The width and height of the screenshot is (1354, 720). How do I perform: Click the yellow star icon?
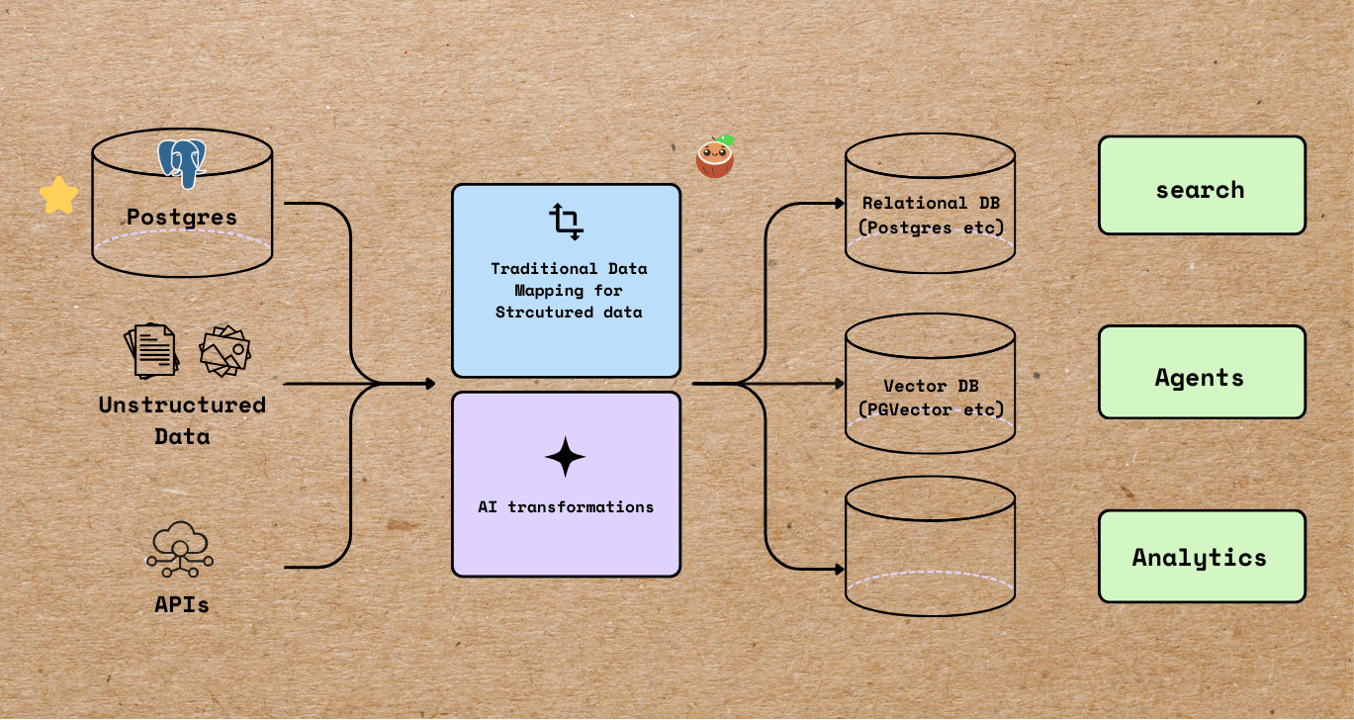[x=58, y=196]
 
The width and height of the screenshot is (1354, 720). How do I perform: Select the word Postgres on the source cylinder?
[x=182, y=217]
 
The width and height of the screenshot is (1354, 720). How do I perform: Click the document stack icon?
[x=151, y=351]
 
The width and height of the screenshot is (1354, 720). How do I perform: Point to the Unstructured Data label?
[x=182, y=420]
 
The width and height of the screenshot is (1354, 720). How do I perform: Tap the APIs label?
[x=182, y=603]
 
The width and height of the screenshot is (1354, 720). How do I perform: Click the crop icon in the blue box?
[x=566, y=223]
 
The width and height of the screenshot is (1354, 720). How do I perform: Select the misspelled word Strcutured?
[x=534, y=313]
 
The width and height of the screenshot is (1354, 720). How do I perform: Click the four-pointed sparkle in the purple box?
[x=565, y=457]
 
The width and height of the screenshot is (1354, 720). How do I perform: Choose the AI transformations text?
[x=566, y=506]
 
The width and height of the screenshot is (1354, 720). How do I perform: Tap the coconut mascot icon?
[x=714, y=157]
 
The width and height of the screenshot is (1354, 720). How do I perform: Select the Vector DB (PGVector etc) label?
[x=930, y=398]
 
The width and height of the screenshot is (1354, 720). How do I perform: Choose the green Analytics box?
[x=1202, y=557]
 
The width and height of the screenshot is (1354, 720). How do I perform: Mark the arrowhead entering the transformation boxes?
[x=429, y=383]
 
